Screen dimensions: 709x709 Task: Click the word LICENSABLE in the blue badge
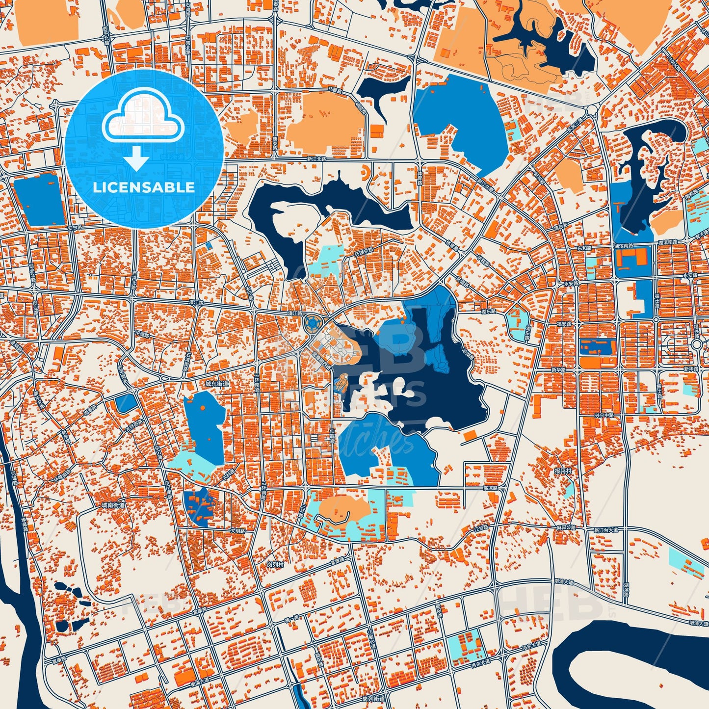tap(144, 187)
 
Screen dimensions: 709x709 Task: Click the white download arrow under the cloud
tap(137, 158)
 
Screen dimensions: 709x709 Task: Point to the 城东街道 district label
tap(217, 384)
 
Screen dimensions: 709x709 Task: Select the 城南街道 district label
tap(113, 504)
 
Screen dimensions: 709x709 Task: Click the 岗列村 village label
tap(275, 565)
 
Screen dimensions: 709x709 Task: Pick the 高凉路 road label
tap(491, 489)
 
